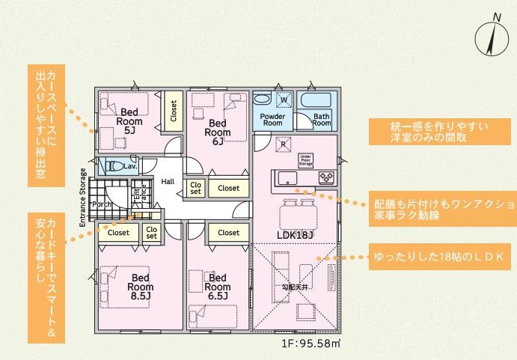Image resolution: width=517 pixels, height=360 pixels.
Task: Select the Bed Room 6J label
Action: [x=218, y=132]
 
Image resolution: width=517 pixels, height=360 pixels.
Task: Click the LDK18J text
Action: [x=295, y=235]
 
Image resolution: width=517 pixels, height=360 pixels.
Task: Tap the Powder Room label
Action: [x=272, y=120]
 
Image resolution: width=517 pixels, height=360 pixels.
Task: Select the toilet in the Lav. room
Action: [x=114, y=166]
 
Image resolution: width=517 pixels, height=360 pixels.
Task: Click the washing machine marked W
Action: [x=283, y=99]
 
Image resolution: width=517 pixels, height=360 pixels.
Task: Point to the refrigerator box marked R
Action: [x=284, y=144]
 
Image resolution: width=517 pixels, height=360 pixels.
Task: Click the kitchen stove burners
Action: [x=327, y=178]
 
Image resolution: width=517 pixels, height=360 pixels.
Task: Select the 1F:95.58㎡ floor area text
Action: [x=311, y=344]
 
